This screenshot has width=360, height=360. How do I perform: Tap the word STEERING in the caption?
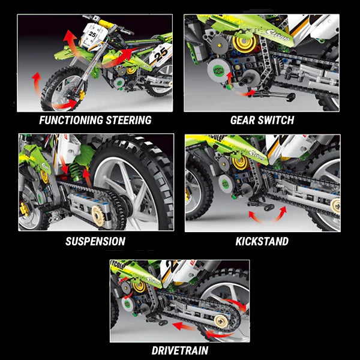tap(127, 120)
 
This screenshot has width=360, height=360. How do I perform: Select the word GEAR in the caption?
tap(242, 120)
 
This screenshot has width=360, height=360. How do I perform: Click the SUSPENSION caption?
tap(95, 242)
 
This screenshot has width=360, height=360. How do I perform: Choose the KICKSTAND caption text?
tap(262, 242)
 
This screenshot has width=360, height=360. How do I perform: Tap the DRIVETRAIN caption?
tap(180, 350)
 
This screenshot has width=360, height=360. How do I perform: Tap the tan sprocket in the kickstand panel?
tap(334, 205)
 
